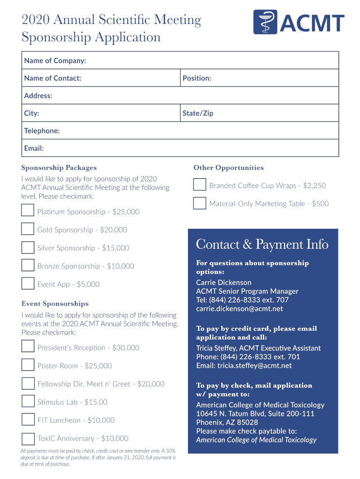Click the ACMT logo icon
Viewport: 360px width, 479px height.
265,22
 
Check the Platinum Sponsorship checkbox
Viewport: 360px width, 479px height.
28,211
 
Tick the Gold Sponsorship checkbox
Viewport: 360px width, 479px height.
28,229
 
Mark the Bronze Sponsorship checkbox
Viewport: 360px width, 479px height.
28,266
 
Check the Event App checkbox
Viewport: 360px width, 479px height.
28,283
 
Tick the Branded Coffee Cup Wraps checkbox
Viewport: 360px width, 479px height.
200,185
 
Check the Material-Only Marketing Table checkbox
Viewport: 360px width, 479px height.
200,203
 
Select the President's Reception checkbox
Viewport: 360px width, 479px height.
28,347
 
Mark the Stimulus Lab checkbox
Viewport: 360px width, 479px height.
28,401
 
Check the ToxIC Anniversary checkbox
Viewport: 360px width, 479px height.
28,438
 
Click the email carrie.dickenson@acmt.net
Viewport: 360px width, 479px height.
239,309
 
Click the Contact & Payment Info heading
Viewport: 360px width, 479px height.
262,245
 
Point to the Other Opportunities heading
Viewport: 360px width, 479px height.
229,168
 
